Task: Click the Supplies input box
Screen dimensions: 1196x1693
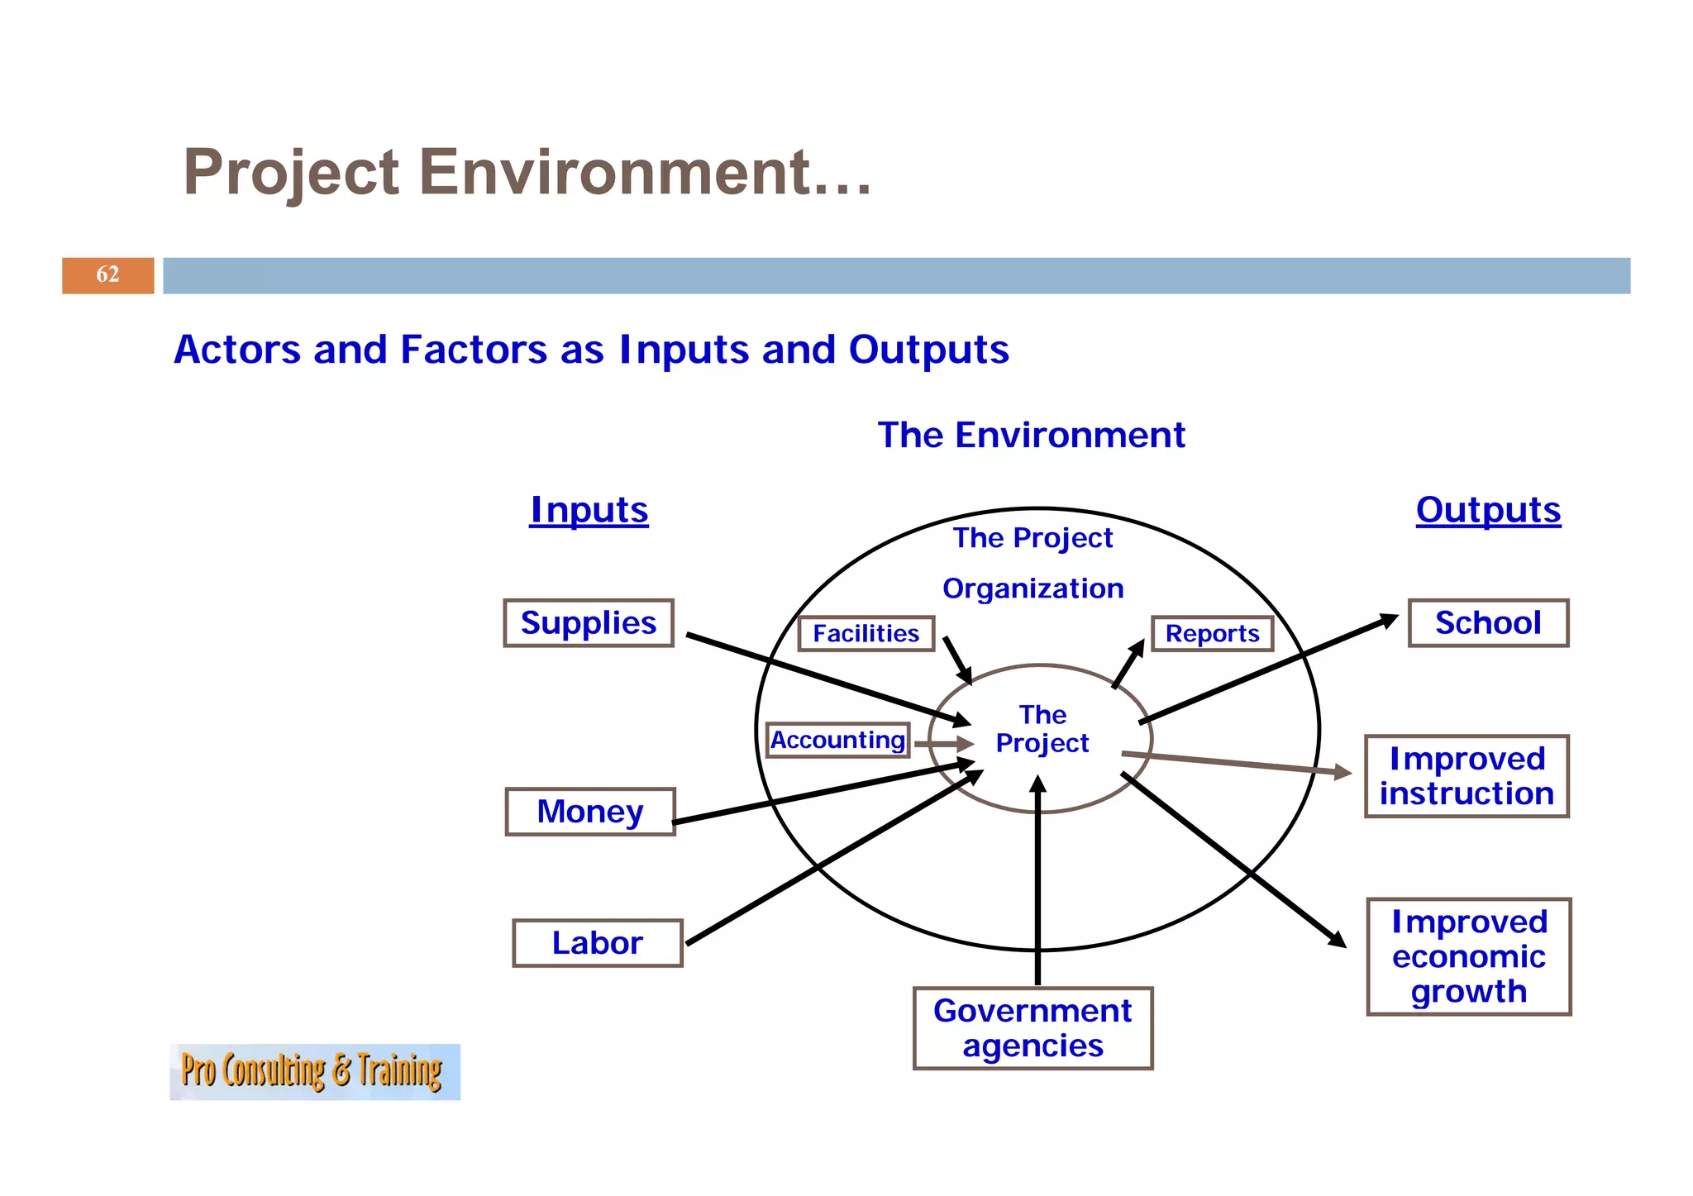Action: [x=589, y=623]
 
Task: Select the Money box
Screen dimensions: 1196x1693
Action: [x=590, y=812]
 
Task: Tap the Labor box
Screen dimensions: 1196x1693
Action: [x=597, y=943]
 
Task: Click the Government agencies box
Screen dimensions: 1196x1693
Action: [x=1032, y=1028]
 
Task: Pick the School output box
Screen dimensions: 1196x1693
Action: [x=1488, y=623]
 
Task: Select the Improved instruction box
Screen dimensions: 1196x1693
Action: [x=1466, y=776]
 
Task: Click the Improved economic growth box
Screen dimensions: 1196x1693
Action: [x=1469, y=956]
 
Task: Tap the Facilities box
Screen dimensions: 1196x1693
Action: [x=866, y=634]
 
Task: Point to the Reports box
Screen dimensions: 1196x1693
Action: [x=1212, y=634]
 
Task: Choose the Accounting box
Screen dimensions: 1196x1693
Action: [x=837, y=740]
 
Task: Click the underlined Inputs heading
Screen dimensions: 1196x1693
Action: [x=589, y=510]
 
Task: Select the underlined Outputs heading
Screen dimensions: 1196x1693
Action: [x=1488, y=510]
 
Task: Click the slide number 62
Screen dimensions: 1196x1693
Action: [x=107, y=274]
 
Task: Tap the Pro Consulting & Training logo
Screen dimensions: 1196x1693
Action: [x=314, y=1071]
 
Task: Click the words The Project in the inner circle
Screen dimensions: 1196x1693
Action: [x=1042, y=729]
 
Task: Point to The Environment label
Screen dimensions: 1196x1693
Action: [x=1031, y=435]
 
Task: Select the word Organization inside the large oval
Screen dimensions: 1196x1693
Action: [x=1032, y=588]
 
